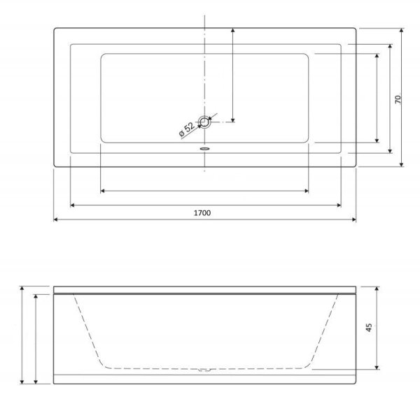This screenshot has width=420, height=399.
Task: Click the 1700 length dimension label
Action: coord(202,213)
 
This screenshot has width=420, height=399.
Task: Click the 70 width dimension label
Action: coord(398,99)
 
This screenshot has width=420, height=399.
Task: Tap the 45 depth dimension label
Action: coord(369,328)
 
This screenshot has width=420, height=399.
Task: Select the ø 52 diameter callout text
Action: coord(187,130)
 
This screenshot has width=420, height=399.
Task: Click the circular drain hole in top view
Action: coord(205,122)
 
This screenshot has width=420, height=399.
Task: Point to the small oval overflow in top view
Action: coord(205,148)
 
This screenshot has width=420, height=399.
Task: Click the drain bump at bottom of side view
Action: coord(205,370)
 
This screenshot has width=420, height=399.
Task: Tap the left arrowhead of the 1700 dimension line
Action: coord(55,219)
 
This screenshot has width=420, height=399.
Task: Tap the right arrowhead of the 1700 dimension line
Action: coord(354,219)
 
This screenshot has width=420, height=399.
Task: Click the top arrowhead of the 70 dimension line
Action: coord(401,30)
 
